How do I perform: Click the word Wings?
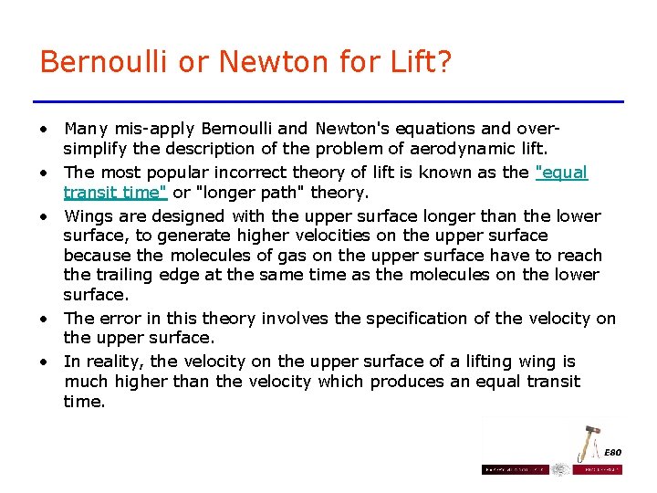[x=88, y=216]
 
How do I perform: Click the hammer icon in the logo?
[x=586, y=442]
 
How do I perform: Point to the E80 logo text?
[x=613, y=452]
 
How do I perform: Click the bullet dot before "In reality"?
[x=43, y=362]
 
